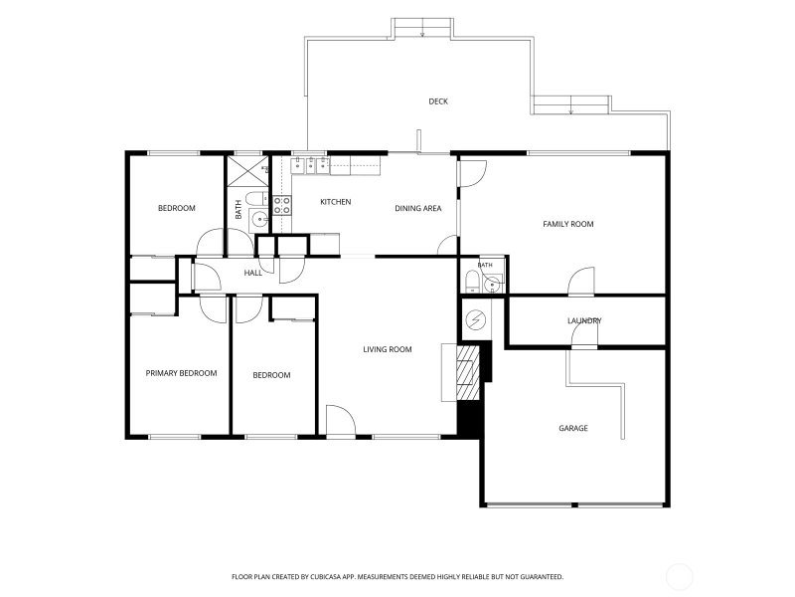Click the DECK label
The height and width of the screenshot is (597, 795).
coord(438,101)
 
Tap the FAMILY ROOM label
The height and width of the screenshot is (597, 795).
coord(567,224)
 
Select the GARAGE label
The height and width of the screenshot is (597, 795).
coord(573,428)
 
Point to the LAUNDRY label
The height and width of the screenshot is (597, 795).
coord(584,320)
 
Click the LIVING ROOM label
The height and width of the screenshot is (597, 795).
coord(388,349)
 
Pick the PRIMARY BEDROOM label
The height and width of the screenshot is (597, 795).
coord(181,373)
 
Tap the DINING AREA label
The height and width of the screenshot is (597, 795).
coord(417,208)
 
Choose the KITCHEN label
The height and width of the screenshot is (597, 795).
coord(336,202)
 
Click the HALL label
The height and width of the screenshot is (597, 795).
coord(253,273)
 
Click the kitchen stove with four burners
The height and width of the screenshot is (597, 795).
coord(282,206)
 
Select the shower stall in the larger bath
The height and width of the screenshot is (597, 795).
coord(247,171)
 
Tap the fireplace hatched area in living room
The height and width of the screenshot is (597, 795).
coord(468,372)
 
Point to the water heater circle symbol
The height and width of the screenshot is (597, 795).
coord(476,319)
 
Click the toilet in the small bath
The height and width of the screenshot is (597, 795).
coord(472,282)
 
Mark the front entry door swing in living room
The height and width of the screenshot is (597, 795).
coord(340,420)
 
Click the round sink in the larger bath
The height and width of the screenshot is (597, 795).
coord(260,220)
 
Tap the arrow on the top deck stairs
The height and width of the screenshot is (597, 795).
coord(422,34)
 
